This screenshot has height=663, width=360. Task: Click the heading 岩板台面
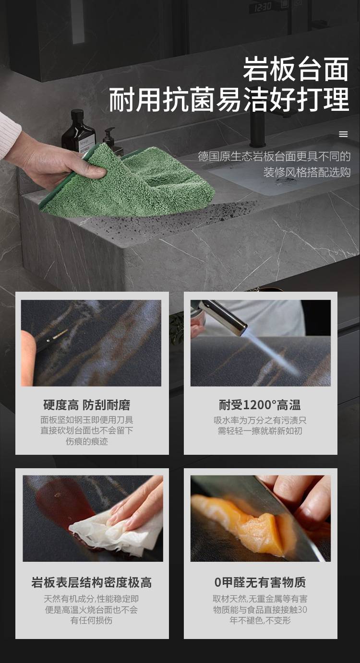pos(296,69)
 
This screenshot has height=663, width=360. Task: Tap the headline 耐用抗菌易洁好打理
pos(229,99)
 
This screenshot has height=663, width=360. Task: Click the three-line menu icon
pos(343,134)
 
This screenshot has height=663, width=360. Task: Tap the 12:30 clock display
pos(263,7)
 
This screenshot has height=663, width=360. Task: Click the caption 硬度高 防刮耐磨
pos(87,405)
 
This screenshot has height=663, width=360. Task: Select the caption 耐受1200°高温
pos(260,405)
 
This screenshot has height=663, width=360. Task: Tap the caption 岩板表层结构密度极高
pos(92,582)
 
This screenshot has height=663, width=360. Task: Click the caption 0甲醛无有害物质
pos(260,582)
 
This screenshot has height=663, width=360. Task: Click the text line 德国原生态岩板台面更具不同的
pos(274,156)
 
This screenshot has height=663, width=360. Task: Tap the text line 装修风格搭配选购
pos(307,172)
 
